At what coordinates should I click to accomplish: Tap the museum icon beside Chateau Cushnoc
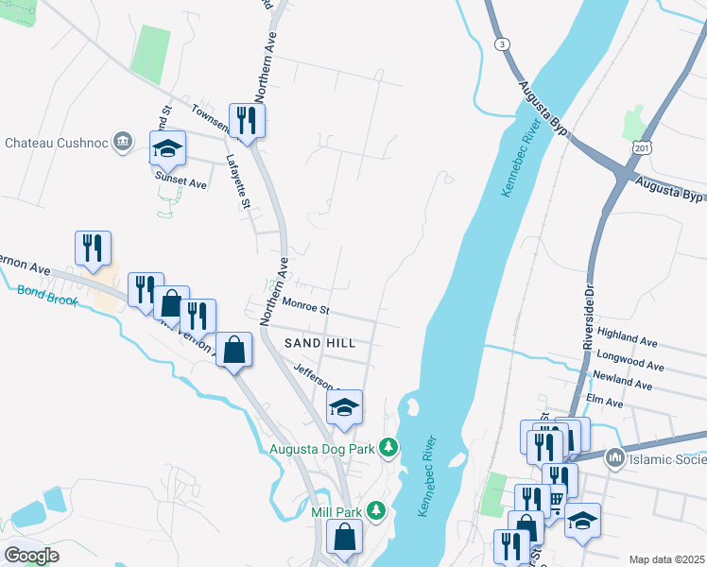(122, 143)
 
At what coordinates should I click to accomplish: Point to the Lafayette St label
(241, 181)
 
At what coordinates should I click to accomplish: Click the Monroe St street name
(304, 308)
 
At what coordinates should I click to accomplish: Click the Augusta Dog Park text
(322, 449)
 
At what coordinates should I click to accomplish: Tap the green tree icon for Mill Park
(376, 511)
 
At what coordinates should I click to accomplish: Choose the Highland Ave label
(626, 337)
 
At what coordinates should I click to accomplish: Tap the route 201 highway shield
(644, 148)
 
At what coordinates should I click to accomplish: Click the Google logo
(31, 555)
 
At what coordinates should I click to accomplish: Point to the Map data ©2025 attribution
(666, 559)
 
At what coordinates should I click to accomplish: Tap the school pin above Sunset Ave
(167, 149)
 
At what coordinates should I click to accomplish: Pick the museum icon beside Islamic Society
(615, 459)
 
